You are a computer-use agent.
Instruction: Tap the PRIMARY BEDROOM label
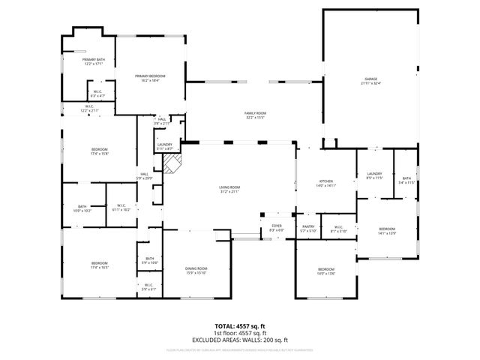click(150, 76)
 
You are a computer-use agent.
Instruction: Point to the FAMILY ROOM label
click(256, 113)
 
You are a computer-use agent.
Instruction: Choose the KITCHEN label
click(326, 181)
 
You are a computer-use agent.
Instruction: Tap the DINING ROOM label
click(196, 268)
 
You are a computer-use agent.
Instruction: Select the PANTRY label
click(308, 226)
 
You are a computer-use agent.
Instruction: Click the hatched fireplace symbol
click(174, 165)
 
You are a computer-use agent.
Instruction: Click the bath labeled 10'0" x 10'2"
click(82, 211)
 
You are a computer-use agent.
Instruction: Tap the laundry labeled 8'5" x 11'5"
click(374, 178)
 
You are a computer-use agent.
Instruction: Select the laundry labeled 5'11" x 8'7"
click(165, 148)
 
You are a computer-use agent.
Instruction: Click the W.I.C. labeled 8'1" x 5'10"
click(338, 230)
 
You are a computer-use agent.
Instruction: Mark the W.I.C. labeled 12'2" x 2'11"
click(88, 110)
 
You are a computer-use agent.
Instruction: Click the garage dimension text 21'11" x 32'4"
click(370, 83)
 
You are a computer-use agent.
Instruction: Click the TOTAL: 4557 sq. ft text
click(240, 325)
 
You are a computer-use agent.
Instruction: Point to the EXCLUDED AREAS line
click(240, 340)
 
